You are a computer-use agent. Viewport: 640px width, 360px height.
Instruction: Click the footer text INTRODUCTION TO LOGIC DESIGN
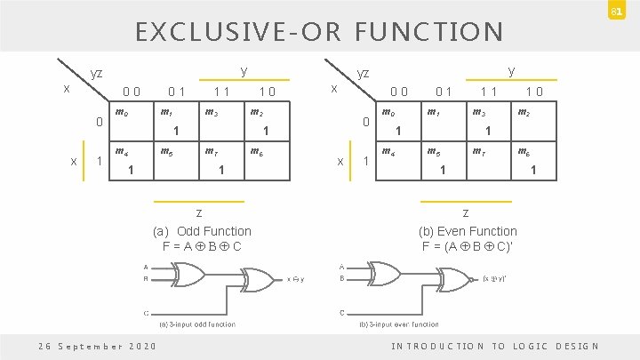(x=495, y=346)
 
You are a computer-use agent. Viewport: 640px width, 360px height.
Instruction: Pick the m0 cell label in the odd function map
(x=122, y=112)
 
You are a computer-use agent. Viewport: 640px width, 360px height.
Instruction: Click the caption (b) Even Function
(x=468, y=230)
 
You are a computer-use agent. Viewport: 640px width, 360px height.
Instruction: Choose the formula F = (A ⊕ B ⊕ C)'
(x=468, y=244)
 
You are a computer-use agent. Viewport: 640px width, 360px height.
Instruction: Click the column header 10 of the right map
(x=534, y=92)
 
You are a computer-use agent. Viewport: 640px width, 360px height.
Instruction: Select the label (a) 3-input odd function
(x=197, y=324)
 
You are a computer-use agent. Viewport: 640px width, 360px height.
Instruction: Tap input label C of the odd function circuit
(x=147, y=312)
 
